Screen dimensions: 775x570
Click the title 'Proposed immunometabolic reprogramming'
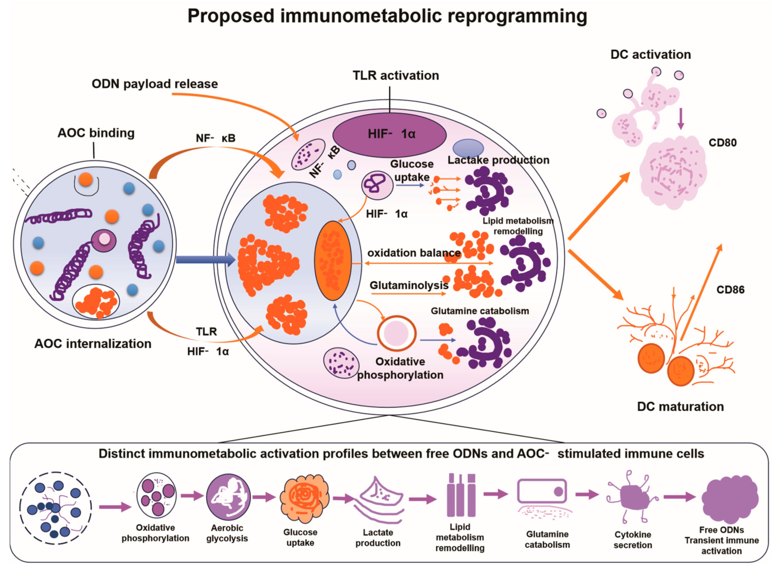coord(387,16)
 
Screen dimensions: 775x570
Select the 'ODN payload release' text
coord(155,84)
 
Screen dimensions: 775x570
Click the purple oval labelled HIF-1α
coord(389,135)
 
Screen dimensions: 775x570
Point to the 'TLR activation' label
coord(396,75)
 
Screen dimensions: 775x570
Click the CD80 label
coord(723,142)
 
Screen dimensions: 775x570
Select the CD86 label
coord(731,290)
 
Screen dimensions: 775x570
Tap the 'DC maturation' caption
coord(680,407)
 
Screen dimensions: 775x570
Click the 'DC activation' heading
coord(651,55)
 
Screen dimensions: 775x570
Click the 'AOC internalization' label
coord(93,344)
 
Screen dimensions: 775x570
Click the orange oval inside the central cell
coord(333,260)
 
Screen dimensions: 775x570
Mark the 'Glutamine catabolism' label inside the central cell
coord(480,311)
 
